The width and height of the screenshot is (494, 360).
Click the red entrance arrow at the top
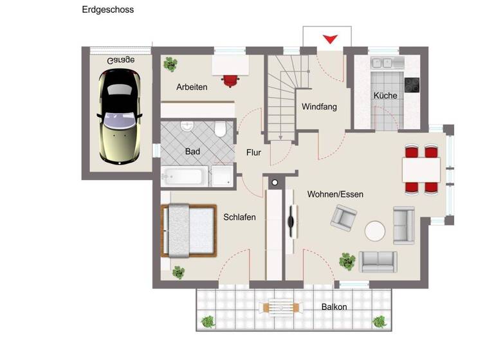(x=330, y=39)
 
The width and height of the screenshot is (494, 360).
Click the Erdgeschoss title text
(x=108, y=10)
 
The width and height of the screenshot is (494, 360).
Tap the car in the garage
(x=120, y=116)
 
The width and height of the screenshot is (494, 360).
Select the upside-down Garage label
(x=121, y=60)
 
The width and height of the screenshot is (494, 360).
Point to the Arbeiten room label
(x=192, y=87)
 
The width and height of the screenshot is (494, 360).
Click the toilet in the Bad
(x=220, y=130)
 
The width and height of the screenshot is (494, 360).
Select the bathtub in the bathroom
(x=185, y=176)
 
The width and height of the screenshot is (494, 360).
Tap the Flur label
(x=253, y=152)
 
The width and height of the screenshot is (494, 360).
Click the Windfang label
(x=319, y=107)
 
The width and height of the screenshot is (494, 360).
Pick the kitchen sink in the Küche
(x=381, y=63)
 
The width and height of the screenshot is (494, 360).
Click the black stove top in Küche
(x=412, y=84)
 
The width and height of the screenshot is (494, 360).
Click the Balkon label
(x=334, y=307)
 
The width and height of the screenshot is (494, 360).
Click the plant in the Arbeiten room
(x=170, y=64)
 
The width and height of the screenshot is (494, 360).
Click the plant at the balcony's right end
(x=380, y=320)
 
